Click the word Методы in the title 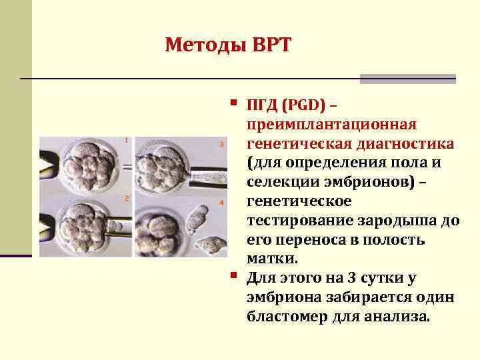205,45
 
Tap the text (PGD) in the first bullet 304,105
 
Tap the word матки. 273,259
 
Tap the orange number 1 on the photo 126,140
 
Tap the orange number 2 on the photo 125,198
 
